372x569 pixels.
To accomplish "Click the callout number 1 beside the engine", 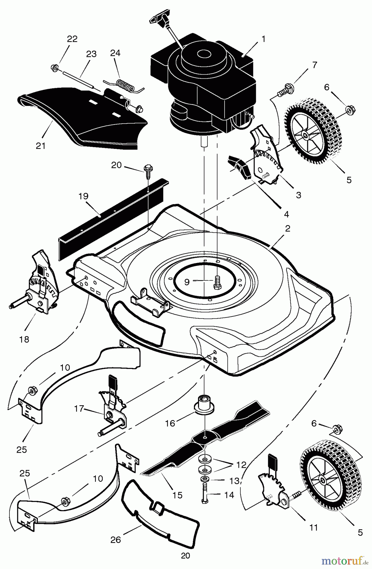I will tap(263, 39).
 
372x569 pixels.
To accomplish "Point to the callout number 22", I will tap(72, 39).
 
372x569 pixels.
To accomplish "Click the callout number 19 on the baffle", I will tap(83, 197).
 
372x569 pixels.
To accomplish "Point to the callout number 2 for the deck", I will tap(287, 229).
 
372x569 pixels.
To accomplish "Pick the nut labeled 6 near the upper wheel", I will tap(349, 109).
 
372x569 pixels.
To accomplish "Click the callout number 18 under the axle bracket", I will tap(24, 340).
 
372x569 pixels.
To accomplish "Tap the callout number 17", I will tap(79, 409).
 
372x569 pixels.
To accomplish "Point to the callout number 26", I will tap(116, 540).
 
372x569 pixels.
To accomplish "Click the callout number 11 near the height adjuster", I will tap(314, 527).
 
